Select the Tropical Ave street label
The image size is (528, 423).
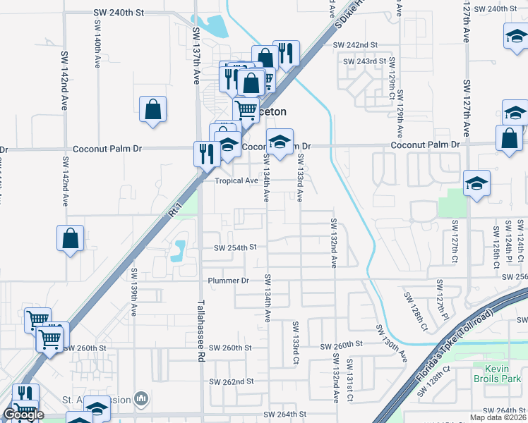[236, 180]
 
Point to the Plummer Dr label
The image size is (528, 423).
[229, 281]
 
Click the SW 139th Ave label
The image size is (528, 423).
[133, 290]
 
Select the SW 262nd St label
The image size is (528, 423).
[231, 381]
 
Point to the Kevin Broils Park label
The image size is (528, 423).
[503, 374]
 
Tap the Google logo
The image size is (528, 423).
[23, 414]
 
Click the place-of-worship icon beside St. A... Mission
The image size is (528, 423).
[142, 399]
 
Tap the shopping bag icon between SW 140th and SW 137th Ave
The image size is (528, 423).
[152, 110]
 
